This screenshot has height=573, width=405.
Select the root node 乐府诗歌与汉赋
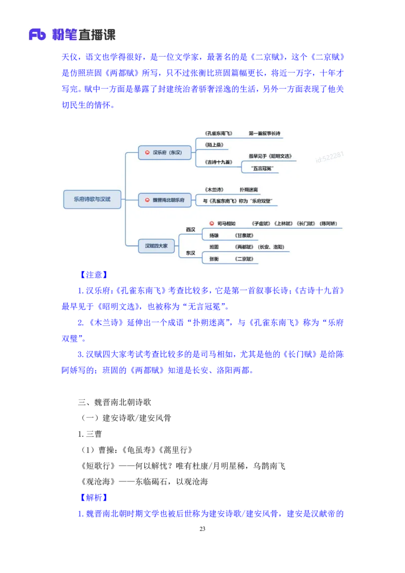(x=92, y=199)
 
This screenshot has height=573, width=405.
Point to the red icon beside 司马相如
(x=212, y=223)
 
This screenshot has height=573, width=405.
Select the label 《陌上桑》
(x=214, y=145)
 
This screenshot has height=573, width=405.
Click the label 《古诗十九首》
(x=219, y=162)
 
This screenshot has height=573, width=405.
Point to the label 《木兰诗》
(x=214, y=189)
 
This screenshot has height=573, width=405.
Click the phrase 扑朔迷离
(x=249, y=189)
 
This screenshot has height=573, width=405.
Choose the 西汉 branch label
(x=190, y=229)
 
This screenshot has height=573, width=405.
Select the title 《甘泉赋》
(x=244, y=235)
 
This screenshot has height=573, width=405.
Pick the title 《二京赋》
(x=244, y=259)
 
